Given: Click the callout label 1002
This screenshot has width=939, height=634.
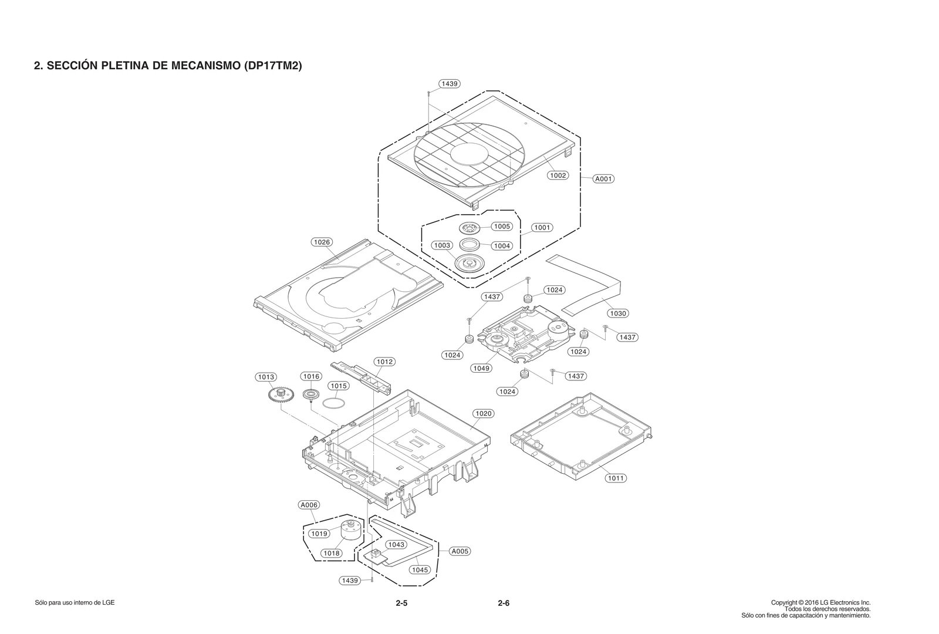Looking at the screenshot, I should [x=558, y=175].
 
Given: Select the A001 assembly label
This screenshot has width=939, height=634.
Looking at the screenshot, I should [x=603, y=178].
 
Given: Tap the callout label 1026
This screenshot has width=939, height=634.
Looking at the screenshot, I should [x=322, y=242].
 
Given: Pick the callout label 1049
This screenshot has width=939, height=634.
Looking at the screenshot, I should [x=481, y=368].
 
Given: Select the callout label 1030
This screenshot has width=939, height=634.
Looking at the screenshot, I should [x=617, y=313].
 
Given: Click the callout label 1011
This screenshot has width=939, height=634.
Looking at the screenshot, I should [x=616, y=478].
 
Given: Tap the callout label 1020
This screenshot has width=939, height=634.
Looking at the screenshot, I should [x=483, y=413].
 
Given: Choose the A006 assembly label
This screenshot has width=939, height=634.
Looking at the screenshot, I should [x=309, y=505].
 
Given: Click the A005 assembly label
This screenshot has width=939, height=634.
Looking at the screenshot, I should [x=460, y=551].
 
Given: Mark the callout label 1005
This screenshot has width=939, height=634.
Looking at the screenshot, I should [x=501, y=226].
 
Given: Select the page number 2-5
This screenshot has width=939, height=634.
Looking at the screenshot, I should [x=401, y=603].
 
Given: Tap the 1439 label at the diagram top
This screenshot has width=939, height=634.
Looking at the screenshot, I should [x=450, y=83].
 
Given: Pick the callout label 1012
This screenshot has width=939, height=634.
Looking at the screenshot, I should [x=384, y=362].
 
